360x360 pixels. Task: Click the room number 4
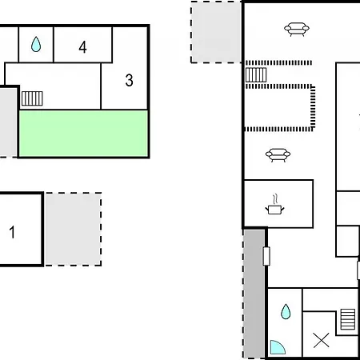82,47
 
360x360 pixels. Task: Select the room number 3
130,80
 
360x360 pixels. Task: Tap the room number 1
12,232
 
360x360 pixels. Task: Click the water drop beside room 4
36,44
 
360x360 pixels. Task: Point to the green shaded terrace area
83,134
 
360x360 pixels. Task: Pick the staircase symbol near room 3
32,98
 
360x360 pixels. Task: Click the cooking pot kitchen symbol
274,210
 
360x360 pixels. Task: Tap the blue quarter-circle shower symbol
278,347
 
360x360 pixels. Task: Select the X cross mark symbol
322,341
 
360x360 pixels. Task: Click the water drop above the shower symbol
286,311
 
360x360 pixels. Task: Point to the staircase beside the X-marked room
348,319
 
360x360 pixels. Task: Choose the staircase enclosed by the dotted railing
256,74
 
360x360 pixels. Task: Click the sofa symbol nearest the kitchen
278,155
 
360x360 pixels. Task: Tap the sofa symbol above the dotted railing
297,29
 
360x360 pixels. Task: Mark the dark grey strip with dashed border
254,294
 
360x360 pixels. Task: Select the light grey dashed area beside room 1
74,229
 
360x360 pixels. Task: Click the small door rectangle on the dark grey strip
266,256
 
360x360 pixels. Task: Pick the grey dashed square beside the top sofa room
216,32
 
